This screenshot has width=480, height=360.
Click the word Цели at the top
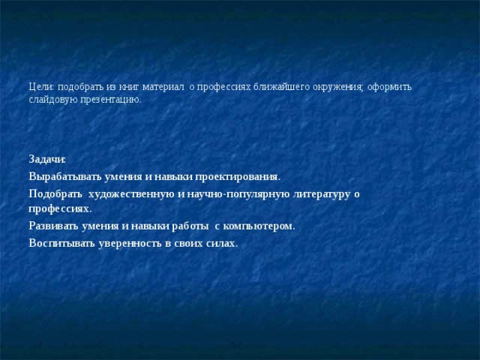(x=40, y=87)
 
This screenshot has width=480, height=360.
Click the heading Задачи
(x=47, y=160)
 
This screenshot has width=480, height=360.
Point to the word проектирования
(x=238, y=177)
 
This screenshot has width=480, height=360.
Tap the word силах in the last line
(x=221, y=243)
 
